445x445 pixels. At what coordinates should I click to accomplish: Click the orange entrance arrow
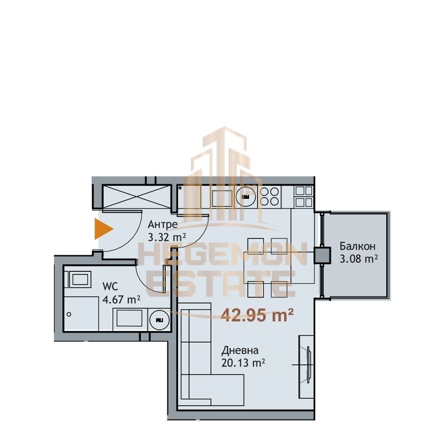103,229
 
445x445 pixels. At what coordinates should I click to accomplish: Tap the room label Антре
162,225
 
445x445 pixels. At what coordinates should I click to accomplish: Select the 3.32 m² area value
167,237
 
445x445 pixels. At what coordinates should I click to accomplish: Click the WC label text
110,286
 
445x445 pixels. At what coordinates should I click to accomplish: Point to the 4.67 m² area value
121,299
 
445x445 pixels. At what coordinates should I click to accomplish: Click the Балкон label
357,246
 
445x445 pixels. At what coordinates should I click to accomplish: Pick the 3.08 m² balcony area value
359,259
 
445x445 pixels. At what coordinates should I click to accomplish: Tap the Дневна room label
240,350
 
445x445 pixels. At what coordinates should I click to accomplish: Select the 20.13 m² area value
243,363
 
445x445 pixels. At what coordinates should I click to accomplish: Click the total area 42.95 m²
257,315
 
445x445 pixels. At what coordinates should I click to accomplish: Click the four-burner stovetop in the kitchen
270,196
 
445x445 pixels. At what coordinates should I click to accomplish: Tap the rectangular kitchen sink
221,198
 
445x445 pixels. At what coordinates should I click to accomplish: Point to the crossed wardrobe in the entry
136,196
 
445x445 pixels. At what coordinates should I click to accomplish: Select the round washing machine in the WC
159,320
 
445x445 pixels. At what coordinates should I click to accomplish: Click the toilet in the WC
78,279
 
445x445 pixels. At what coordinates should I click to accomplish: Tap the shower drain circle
68,314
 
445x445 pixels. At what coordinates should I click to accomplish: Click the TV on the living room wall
309,365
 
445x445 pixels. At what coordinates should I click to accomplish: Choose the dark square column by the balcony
322,255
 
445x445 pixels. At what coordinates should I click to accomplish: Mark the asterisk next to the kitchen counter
180,187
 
